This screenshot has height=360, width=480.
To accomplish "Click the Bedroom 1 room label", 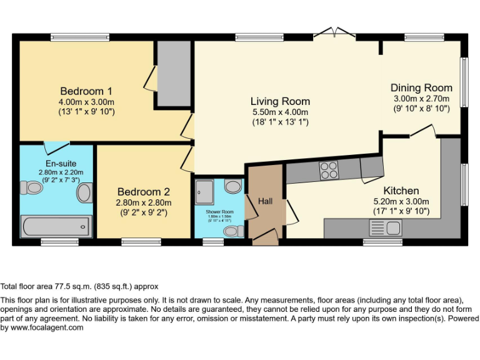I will click(86, 91).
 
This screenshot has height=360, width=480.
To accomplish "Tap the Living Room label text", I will click(280, 101).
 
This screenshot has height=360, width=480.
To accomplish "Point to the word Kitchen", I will click(401, 191).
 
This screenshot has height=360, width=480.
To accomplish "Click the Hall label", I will click(266, 201).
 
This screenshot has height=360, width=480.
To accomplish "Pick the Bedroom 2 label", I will click(143, 192).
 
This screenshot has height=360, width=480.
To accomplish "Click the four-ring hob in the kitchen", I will click(329, 170).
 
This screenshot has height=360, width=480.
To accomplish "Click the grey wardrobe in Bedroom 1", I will click(173, 74).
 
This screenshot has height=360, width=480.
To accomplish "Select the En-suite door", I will click(57, 147).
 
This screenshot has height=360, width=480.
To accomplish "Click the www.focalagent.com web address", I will click(47, 327).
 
